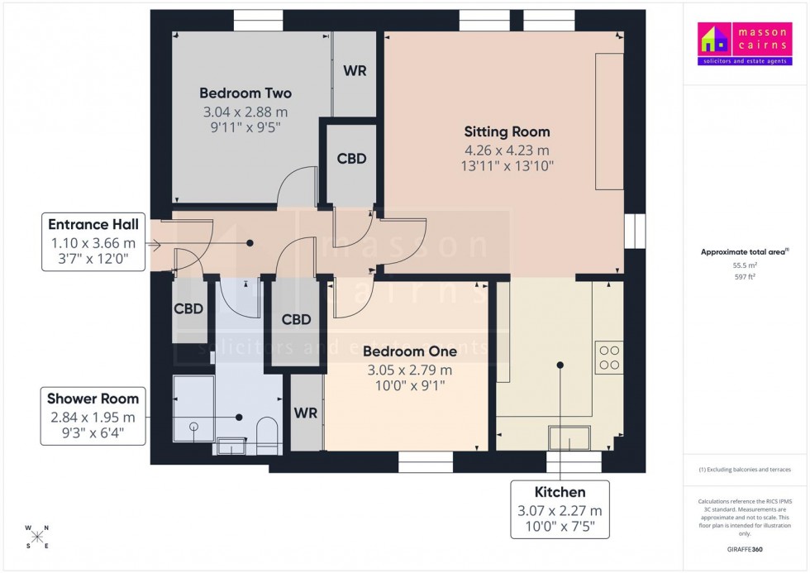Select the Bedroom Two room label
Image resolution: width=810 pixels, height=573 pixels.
(x=245, y=93)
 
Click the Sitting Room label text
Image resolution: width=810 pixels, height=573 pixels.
(x=507, y=131)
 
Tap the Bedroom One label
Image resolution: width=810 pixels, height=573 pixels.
(x=410, y=351)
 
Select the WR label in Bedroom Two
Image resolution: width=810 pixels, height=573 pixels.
(x=355, y=71)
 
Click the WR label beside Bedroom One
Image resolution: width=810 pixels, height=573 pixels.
(x=306, y=412)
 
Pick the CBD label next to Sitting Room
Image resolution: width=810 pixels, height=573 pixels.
(x=351, y=159)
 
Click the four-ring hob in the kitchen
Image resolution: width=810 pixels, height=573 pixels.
(x=609, y=356)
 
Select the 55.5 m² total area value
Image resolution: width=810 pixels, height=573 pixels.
(x=746, y=265)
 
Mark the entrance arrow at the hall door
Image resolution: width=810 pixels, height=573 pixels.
(x=153, y=244)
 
